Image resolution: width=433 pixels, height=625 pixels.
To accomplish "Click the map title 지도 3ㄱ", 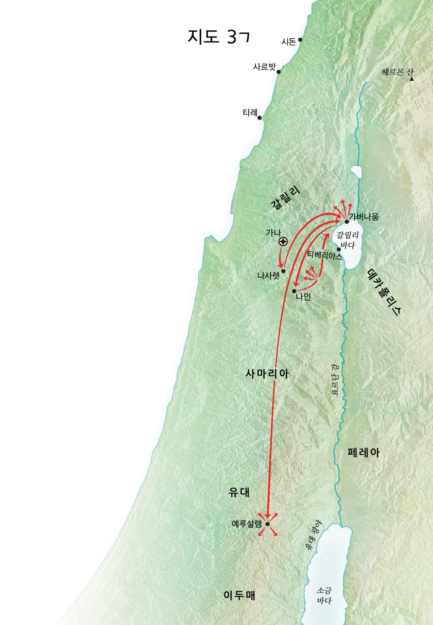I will [x=218, y=37].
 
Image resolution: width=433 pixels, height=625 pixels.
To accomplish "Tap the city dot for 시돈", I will [x=300, y=40].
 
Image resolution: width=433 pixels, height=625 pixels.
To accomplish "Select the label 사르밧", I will [x=264, y=67].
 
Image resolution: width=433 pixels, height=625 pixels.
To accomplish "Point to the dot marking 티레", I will [x=259, y=118].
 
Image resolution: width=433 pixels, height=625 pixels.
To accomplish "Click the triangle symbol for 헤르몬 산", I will [x=411, y=79].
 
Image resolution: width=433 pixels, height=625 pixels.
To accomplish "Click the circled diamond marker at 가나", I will [x=284, y=242].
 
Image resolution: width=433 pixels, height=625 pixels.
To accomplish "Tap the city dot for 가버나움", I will [x=347, y=221].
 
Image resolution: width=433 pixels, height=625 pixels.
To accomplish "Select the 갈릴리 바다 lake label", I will [x=347, y=240].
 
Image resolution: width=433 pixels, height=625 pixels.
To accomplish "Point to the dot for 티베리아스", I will [x=338, y=249].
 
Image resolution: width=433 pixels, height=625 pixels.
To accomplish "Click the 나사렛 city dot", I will [x=283, y=271].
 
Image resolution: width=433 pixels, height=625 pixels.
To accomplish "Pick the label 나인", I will [x=303, y=297].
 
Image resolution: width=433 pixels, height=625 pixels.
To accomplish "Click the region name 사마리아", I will [x=267, y=374].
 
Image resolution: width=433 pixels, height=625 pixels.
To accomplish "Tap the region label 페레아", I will [x=363, y=453].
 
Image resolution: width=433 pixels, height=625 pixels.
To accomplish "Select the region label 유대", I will [x=239, y=492].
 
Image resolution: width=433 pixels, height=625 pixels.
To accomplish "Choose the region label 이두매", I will [x=239, y=595].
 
